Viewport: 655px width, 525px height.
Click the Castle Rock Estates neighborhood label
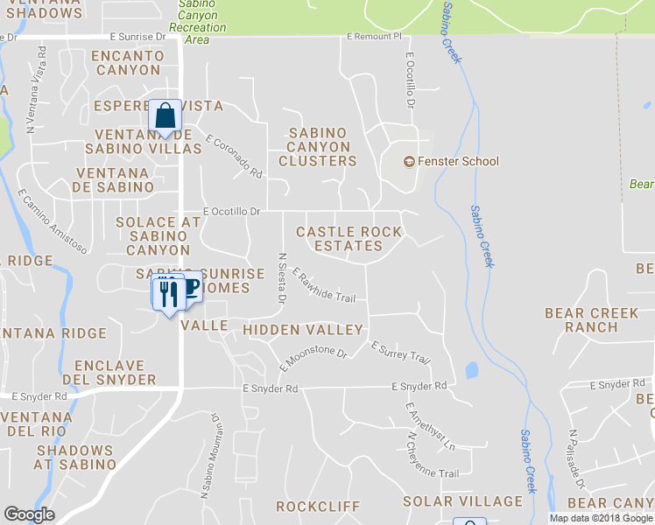pos(349,239)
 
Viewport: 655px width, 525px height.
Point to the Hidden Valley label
pos(303,330)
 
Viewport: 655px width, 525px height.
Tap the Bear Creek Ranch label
pos(591,320)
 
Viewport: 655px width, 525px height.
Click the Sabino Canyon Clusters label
pos(318,147)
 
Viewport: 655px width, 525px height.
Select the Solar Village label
pos(462,501)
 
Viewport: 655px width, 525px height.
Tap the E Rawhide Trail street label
pos(323,285)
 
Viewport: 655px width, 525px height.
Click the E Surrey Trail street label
pos(401,353)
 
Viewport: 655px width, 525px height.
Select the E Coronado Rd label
pos(234,156)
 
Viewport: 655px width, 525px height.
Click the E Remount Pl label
pos(373,37)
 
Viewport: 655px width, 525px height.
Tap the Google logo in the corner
pos(29,514)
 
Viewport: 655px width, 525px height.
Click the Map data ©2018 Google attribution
pos(601,518)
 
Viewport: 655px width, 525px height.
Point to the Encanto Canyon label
pos(127,62)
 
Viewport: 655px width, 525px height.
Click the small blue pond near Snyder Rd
pos(471,370)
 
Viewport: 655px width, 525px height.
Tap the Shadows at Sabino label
pos(74,457)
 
